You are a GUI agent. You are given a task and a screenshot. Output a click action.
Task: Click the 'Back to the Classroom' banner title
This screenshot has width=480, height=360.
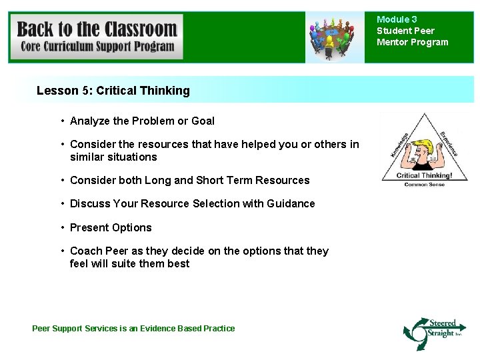tap(97, 29)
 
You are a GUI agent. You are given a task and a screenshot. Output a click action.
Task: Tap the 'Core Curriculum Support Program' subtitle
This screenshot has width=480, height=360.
tap(97, 47)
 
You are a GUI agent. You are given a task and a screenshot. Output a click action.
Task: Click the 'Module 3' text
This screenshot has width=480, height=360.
tap(397, 20)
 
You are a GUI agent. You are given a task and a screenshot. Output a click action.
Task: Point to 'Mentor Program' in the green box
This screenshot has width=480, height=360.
tap(413, 43)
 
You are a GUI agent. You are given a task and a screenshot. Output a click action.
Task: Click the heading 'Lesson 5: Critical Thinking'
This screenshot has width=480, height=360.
tap(113, 90)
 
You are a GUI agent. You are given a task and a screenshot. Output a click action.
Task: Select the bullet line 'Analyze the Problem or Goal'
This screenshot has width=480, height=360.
tap(142, 121)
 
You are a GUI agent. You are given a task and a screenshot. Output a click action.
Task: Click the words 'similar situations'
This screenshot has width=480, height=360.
tap(113, 157)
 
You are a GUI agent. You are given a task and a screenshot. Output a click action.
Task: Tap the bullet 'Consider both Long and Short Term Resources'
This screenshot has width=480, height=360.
tap(189, 180)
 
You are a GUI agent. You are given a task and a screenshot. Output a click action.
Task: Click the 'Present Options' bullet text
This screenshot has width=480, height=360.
tap(111, 227)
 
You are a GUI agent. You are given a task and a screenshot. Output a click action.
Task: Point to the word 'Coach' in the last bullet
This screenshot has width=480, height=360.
tap(86, 251)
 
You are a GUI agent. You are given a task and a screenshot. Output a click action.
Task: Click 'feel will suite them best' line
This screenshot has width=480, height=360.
tap(129, 263)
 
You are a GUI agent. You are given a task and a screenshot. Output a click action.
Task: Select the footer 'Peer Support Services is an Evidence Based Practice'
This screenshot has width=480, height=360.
tap(133, 328)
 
